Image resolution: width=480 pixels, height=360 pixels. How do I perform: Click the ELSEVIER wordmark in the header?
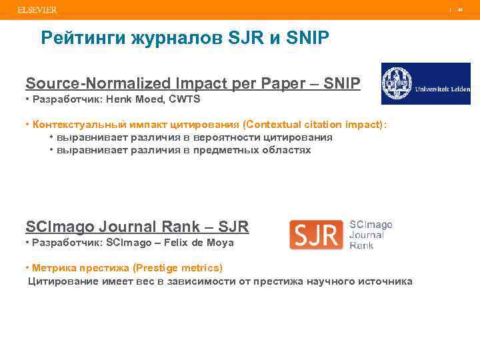point(37,10)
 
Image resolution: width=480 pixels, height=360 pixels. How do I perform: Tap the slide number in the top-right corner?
point(459,10)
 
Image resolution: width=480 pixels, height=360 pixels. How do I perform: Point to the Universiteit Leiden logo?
point(425,84)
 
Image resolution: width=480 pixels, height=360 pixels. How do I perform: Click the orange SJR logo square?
point(317,235)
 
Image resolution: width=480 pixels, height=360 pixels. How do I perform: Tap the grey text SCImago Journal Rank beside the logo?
point(371,235)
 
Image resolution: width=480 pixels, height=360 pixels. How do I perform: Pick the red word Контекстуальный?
point(71,125)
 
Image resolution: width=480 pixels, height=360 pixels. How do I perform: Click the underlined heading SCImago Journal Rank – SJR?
point(137,227)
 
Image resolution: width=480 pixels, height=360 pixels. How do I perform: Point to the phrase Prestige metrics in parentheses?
point(179,268)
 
